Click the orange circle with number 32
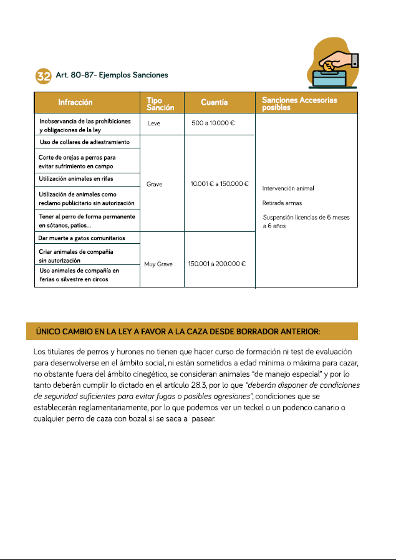tap(43, 76)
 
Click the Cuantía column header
tap(214, 102)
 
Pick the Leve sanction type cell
tap(154, 123)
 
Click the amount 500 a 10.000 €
tap(213, 123)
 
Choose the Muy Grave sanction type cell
tap(156, 264)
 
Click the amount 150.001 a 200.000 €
tap(217, 264)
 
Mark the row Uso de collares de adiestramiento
tap(84, 143)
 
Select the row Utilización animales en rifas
tap(76, 179)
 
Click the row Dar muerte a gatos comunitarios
tap(82, 238)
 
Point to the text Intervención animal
tap(288, 188)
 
